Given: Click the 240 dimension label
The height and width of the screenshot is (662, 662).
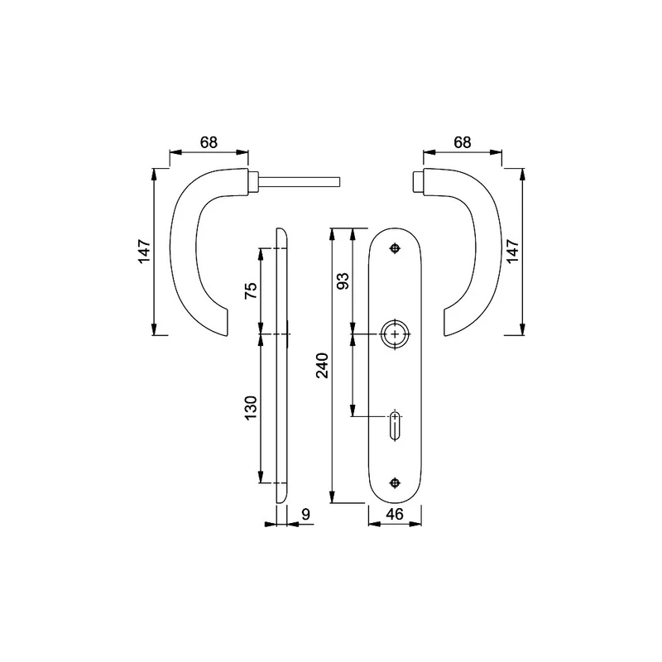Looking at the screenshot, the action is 323,365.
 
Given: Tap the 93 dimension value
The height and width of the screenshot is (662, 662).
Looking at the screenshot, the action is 343,281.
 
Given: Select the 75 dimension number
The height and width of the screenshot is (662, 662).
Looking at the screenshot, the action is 251,290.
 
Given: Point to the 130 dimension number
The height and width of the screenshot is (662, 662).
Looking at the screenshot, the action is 251,407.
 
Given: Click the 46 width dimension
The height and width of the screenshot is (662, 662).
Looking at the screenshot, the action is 395,514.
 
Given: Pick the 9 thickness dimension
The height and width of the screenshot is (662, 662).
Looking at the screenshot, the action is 305,514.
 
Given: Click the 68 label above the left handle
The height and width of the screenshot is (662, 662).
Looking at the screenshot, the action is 209,142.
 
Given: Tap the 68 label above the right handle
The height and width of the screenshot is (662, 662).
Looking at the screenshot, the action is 463,142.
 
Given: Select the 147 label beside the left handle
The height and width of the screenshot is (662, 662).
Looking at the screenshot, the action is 144,252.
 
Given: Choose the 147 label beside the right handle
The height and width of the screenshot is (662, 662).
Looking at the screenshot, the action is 512,252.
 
